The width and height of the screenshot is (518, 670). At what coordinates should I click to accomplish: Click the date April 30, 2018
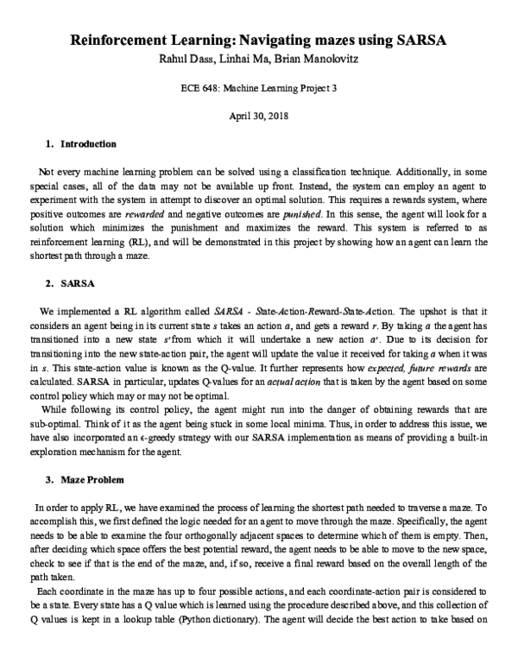click(x=258, y=115)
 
